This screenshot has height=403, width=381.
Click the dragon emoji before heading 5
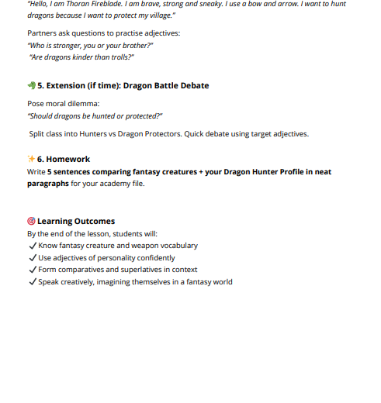[31, 85]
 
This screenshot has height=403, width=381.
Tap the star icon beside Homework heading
[31, 159]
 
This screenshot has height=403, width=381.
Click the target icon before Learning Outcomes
[31, 221]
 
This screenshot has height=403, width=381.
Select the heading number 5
[40, 85]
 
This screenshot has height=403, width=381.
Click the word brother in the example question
[135, 45]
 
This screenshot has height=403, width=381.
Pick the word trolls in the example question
[120, 57]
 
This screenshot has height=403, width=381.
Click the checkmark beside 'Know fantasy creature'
[32, 246]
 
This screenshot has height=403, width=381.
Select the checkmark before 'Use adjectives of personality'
[32, 258]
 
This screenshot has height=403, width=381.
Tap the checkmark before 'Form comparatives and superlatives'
[32, 270]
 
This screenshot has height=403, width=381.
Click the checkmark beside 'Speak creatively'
[32, 282]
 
